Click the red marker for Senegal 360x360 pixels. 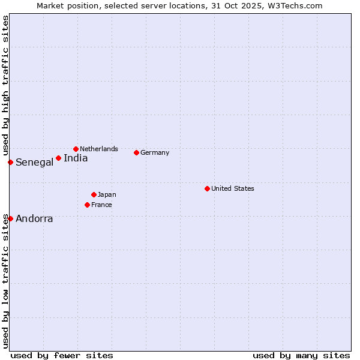coord(10,162)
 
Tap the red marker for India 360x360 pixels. coord(58,158)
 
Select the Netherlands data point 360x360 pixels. coord(76,149)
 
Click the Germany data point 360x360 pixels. coord(136,152)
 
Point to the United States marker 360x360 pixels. coord(207,188)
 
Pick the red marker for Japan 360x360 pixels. coord(94,194)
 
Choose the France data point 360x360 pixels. coord(87,205)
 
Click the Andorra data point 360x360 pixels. coord(10,218)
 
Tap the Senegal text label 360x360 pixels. coord(34,163)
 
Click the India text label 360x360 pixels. coord(76,158)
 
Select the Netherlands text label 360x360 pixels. coord(99,149)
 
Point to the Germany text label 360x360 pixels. coord(155,152)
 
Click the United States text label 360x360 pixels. coord(233,188)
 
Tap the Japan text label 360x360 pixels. coord(107,194)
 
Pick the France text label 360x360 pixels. coord(101,205)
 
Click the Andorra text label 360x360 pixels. coord(34,219)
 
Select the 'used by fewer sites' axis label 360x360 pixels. coord(62,355)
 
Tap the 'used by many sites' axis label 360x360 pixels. coord(301,355)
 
